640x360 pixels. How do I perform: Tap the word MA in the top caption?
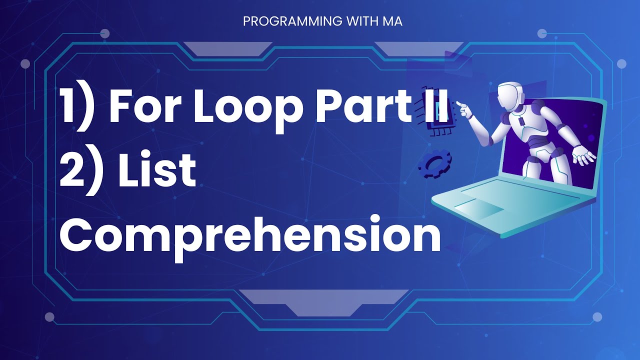click(394, 22)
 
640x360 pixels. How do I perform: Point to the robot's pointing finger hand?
click(465, 109)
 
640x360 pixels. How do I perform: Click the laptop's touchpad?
click(480, 207)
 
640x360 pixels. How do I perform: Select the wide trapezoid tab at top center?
click(227, 48)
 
